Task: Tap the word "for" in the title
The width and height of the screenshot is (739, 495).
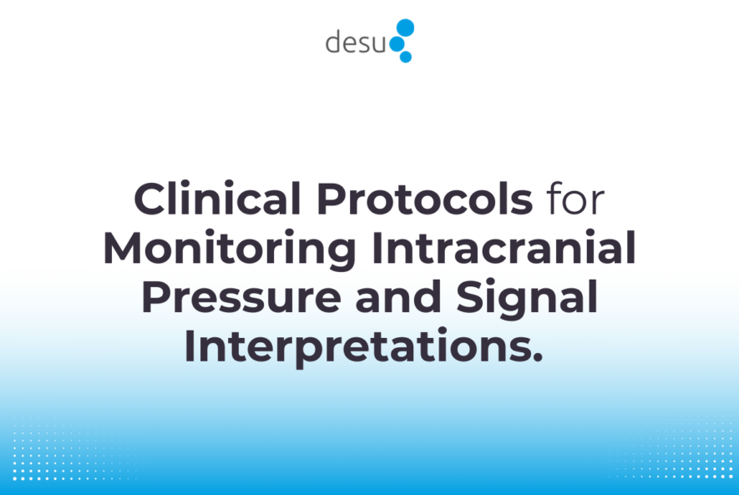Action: (x=576, y=200)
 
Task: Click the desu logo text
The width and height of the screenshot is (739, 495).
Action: (x=357, y=42)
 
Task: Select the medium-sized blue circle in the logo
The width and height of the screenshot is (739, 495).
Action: (x=400, y=44)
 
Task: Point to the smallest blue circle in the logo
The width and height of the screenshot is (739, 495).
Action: (x=406, y=57)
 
